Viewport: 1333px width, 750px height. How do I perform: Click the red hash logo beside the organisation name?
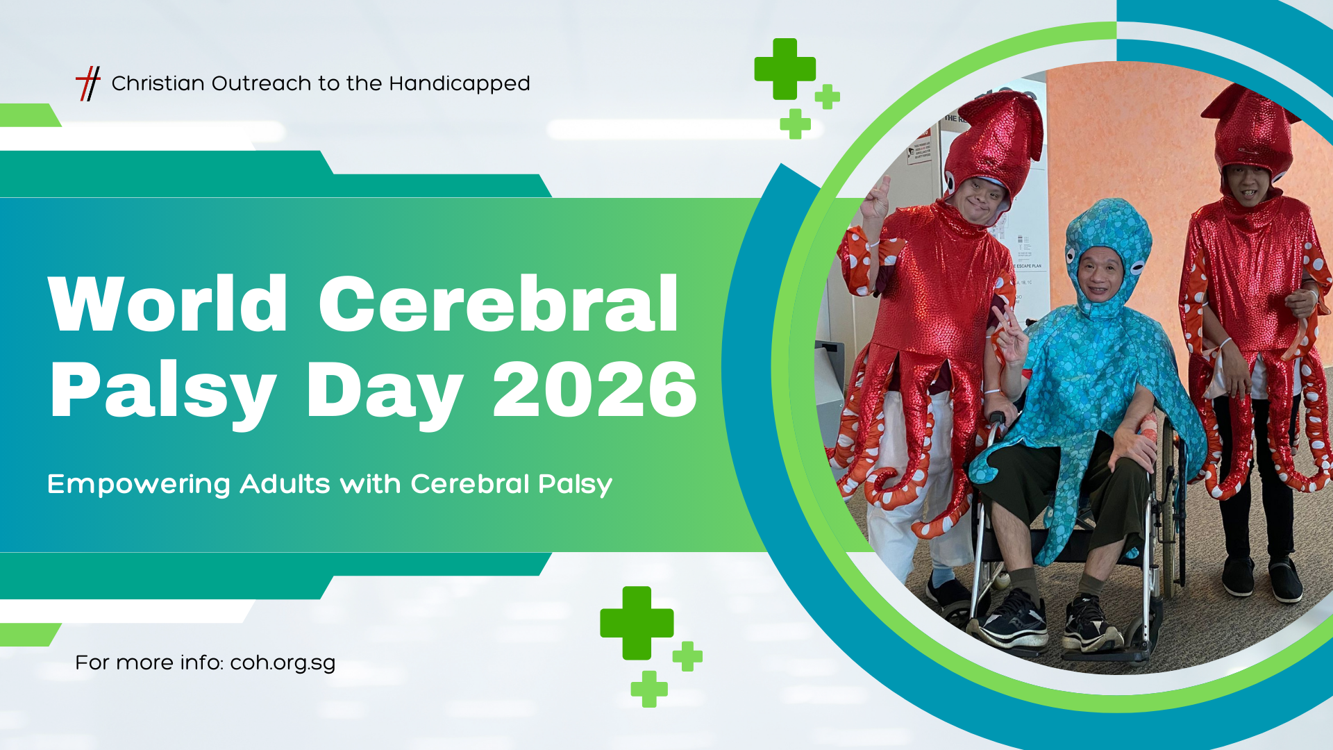(88, 83)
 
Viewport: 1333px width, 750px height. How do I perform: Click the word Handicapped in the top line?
(460, 84)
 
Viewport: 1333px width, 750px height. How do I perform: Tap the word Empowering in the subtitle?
(139, 484)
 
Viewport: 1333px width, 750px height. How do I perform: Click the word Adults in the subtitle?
(285, 483)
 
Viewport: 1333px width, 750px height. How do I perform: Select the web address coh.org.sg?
(283, 662)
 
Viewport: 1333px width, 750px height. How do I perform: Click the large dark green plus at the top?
(785, 69)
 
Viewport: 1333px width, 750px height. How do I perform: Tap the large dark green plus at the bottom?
(637, 623)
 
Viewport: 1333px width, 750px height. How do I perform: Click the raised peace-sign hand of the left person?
(875, 198)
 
